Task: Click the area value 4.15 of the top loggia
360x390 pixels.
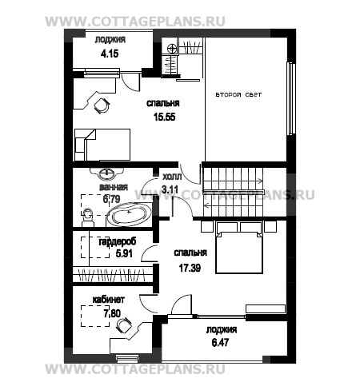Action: pyautogui.click(x=110, y=54)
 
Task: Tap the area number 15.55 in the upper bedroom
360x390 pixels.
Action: pyautogui.click(x=165, y=117)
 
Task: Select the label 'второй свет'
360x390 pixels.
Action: pyautogui.click(x=238, y=94)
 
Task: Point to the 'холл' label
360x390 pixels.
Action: pyautogui.click(x=172, y=177)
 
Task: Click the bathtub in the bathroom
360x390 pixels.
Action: pyautogui.click(x=129, y=215)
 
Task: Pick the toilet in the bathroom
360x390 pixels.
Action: pyautogui.click(x=88, y=217)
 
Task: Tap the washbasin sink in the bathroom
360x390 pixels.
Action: pyautogui.click(x=107, y=174)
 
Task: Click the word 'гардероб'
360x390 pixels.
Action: pyautogui.click(x=118, y=242)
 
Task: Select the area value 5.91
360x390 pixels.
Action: pyautogui.click(x=124, y=253)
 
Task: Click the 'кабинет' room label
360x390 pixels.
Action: pyautogui.click(x=108, y=300)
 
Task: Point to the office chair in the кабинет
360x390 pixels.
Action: pyautogui.click(x=124, y=325)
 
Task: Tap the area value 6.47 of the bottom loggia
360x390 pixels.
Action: pyautogui.click(x=220, y=342)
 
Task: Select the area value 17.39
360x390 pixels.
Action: pyautogui.click(x=190, y=268)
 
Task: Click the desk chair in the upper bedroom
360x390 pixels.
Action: pyautogui.click(x=102, y=105)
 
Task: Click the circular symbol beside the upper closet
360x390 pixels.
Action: pyautogui.click(x=172, y=49)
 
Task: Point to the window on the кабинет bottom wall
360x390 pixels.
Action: pyautogui.click(x=127, y=358)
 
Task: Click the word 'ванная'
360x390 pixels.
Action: pyautogui.click(x=114, y=187)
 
